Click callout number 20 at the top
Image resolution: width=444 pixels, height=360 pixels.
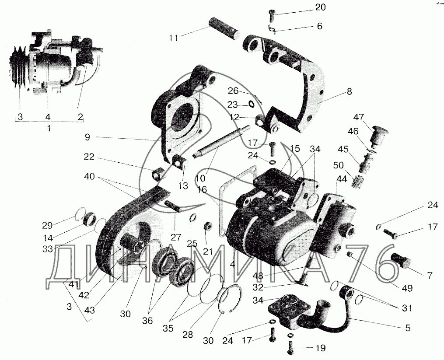[320, 7]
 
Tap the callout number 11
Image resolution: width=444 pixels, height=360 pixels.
[174, 38]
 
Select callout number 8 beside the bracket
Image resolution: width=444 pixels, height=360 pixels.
[349, 91]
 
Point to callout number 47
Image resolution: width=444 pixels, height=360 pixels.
[359, 117]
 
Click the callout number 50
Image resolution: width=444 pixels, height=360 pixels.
[339, 165]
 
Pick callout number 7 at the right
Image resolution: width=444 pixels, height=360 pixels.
[430, 275]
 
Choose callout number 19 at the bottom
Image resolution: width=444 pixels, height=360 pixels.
[320, 348]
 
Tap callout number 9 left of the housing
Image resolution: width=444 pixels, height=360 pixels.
[87, 137]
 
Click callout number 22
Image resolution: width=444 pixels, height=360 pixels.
[89, 157]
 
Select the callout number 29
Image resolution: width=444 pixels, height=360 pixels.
[47, 225]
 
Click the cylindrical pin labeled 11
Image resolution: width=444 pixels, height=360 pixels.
[224, 29]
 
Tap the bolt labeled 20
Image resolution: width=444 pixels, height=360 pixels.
[272, 15]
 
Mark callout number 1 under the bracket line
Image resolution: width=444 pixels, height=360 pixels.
[49, 128]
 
